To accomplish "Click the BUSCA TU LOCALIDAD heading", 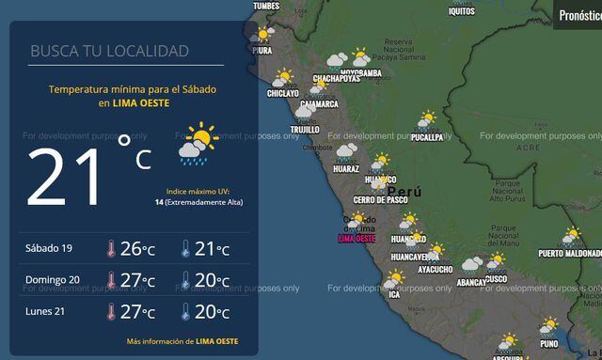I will (109, 51).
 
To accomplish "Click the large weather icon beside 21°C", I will (198, 144).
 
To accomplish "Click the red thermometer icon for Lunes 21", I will (111, 312).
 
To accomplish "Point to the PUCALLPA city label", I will (428, 138).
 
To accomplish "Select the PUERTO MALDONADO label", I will (570, 254).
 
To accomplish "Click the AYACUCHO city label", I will (435, 270).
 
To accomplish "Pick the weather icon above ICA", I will (394, 279).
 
